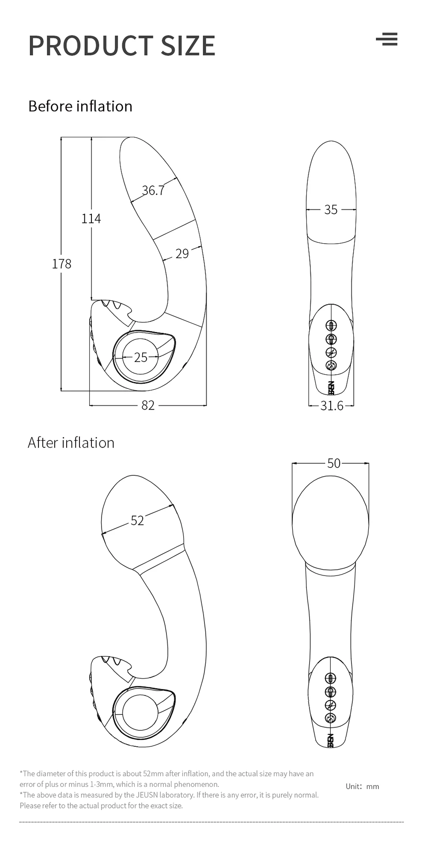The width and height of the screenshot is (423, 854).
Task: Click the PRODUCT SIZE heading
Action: coord(121,45)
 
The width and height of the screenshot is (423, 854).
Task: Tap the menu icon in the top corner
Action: coord(387,39)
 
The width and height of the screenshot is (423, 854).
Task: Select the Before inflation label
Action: coord(80,106)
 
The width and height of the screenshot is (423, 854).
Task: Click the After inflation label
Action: coord(71,443)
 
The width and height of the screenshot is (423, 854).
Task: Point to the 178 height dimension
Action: coord(61,264)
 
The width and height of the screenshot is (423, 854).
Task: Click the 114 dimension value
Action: coord(91,218)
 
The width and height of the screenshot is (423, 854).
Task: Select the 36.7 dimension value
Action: coord(153,190)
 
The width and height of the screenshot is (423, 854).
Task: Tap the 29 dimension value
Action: coord(182,254)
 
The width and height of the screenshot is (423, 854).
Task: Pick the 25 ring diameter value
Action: coord(140,357)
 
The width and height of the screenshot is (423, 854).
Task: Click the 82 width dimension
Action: coord(148,405)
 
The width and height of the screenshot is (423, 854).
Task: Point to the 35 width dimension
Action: coord(331,210)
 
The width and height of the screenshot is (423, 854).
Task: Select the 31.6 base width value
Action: coord(332,405)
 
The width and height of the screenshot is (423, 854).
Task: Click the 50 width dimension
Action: coord(334,463)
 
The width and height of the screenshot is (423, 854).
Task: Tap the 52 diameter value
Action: coord(137,521)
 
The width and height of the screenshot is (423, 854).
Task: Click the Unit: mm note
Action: coord(362,786)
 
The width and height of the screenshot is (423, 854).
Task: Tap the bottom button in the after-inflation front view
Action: coord(331,718)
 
